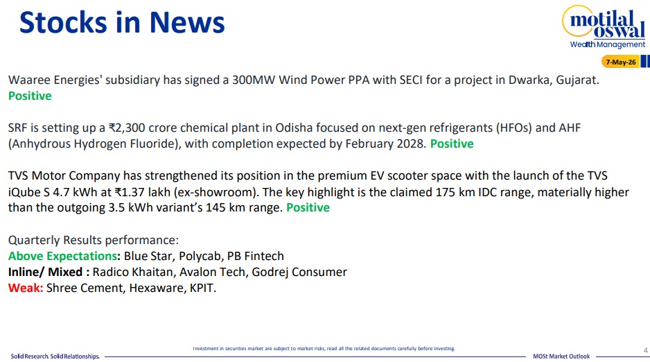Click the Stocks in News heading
[122, 22]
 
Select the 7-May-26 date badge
[621, 62]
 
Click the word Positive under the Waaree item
[30, 96]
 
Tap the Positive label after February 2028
[452, 144]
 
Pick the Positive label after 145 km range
[308, 207]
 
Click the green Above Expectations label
[62, 257]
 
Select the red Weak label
[25, 288]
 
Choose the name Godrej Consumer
[299, 272]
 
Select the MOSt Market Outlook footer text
[561, 356]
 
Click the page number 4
[645, 350]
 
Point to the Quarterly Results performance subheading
[94, 241]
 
